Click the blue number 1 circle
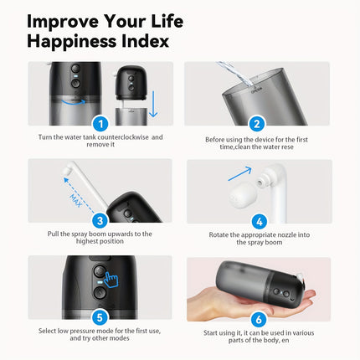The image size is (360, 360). (x=100, y=123)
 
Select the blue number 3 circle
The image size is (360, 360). (x=100, y=221)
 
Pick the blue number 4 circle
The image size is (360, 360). (x=258, y=221)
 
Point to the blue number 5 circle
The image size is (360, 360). (x=100, y=318)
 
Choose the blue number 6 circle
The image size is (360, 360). (x=258, y=318)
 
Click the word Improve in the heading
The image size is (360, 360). (x=64, y=18)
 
